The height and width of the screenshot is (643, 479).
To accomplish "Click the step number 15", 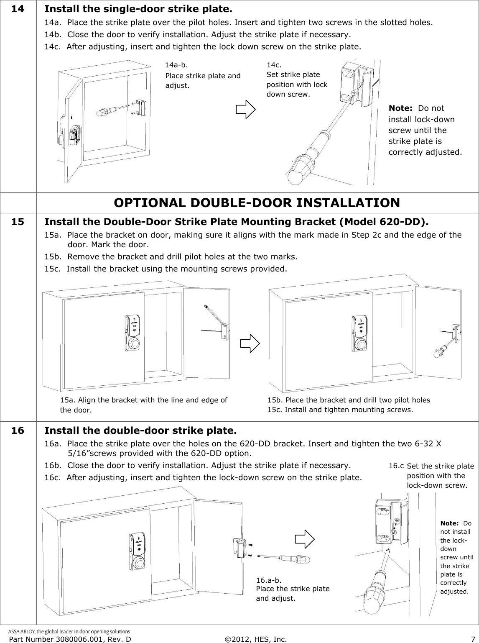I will click(18, 221).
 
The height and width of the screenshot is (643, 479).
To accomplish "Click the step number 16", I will click(18, 430).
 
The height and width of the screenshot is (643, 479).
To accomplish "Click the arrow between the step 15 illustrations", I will click(250, 343).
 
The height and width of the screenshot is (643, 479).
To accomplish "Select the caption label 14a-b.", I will click(176, 65).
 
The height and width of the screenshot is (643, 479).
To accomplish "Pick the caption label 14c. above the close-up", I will click(274, 65).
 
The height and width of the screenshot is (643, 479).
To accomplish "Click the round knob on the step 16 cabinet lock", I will click(138, 564).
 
